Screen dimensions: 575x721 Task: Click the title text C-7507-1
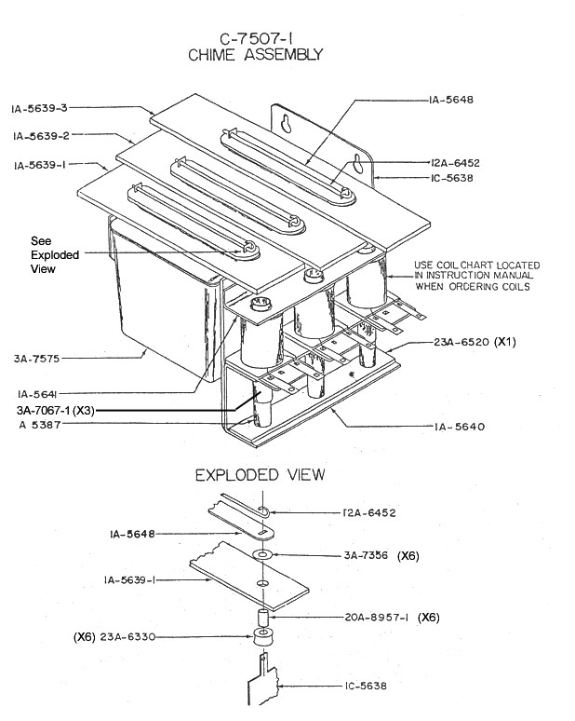[256, 38]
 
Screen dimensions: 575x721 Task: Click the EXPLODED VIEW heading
[261, 474]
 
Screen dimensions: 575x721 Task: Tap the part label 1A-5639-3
[39, 108]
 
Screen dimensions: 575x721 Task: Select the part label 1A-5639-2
[41, 136]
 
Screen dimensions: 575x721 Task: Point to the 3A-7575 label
[36, 359]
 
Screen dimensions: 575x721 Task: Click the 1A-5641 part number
[37, 394]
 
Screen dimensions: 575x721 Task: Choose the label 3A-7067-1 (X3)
[56, 410]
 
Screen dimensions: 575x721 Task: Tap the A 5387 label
[40, 425]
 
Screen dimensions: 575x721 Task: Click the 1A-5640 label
[460, 427]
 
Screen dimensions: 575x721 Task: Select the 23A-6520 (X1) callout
[475, 342]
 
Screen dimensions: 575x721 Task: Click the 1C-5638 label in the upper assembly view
[452, 178]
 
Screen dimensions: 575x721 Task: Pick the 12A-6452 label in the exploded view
[369, 512]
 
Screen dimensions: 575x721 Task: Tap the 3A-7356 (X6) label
[381, 555]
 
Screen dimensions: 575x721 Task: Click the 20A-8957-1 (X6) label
[393, 617]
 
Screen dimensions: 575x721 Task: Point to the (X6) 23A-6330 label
[114, 637]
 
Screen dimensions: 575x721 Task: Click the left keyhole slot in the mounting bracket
[287, 124]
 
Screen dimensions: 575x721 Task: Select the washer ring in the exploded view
[262, 555]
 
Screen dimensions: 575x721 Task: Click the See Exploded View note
[55, 254]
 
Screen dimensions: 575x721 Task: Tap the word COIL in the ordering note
[447, 265]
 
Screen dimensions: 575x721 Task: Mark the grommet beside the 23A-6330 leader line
[261, 638]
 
